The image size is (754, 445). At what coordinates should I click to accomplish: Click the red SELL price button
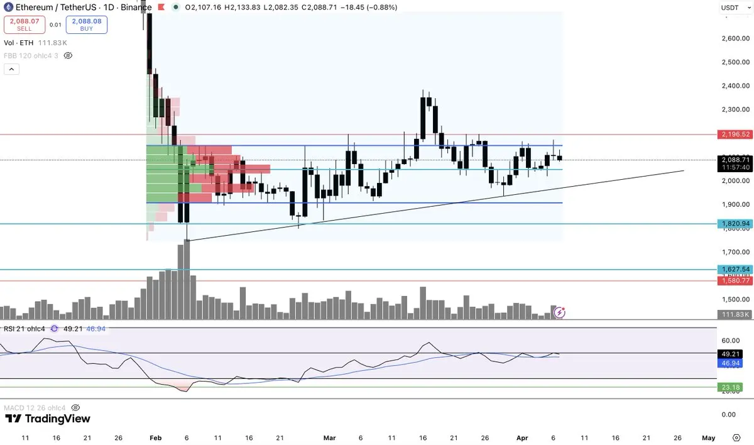[24, 25]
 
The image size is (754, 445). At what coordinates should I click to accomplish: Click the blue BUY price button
[86, 25]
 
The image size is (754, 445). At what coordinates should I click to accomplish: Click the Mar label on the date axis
[329, 437]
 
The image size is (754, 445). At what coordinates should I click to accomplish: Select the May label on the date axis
[708, 437]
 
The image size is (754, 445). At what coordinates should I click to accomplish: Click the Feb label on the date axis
[156, 437]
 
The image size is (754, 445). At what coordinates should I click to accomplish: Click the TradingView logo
[48, 419]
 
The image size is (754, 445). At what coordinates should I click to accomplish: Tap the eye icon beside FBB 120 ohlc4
[68, 55]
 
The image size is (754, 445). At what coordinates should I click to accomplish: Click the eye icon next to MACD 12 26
[76, 407]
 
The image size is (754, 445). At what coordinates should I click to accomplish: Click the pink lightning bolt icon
[559, 312]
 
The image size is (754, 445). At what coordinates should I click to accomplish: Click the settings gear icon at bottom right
[736, 437]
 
